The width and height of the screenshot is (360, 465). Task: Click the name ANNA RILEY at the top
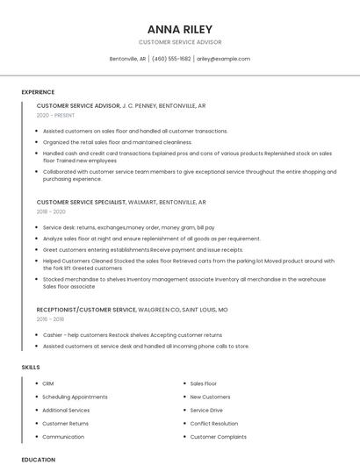[x=180, y=29]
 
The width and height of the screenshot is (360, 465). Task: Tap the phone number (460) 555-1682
[x=171, y=59]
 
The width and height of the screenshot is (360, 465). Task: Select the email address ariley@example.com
[x=223, y=59]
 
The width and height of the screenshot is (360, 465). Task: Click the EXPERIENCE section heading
[x=38, y=92]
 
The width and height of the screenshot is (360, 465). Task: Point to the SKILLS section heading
[x=31, y=367]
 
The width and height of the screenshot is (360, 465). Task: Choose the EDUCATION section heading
[x=39, y=459]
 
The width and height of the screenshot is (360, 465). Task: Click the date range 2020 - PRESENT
[x=56, y=116]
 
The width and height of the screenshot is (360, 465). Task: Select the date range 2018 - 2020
[x=51, y=211]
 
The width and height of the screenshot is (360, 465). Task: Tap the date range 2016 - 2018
[x=51, y=319]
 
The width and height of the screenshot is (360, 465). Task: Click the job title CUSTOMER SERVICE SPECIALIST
[x=81, y=202]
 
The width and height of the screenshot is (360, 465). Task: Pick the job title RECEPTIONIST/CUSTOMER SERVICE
[x=86, y=310]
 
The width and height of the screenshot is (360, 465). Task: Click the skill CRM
[x=48, y=383]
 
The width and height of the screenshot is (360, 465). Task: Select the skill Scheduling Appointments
[x=75, y=397]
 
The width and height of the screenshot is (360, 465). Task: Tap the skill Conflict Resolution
[x=214, y=424]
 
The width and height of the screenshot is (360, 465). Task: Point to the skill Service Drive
[x=206, y=410]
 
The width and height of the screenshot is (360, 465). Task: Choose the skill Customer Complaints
[x=219, y=437]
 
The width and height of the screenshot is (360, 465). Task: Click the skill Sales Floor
[x=204, y=383]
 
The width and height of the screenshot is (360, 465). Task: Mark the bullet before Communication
[x=36, y=437]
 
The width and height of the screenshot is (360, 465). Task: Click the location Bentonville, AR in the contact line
[x=127, y=59]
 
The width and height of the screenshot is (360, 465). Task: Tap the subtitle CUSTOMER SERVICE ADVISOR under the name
[x=180, y=42]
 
